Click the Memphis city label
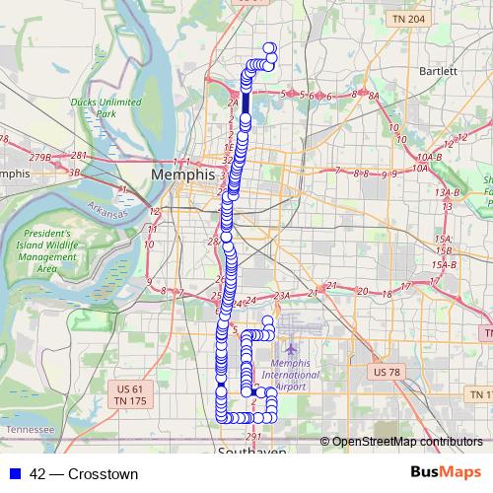click(x=182, y=174)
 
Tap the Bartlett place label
click(x=438, y=71)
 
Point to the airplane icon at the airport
click(x=290, y=349)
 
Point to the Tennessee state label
click(x=30, y=431)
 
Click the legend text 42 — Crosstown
click(x=84, y=473)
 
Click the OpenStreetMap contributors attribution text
click(x=405, y=441)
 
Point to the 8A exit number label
click(x=373, y=96)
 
